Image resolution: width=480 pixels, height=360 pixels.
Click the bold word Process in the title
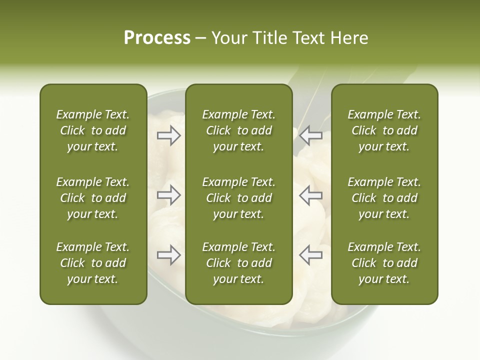(x=157, y=38)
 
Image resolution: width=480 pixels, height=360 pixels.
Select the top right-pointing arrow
(x=168, y=135)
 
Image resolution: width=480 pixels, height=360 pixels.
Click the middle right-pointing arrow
(x=168, y=195)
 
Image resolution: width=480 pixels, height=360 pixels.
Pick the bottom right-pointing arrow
(x=168, y=255)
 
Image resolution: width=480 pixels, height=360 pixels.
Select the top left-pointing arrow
(x=311, y=135)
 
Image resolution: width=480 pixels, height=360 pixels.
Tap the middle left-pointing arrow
(x=311, y=195)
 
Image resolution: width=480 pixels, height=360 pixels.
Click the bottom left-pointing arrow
(x=311, y=255)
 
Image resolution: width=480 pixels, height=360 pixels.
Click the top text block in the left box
(x=93, y=130)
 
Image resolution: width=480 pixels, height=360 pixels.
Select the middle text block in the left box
(x=93, y=198)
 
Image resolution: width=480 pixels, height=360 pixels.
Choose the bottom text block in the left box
(x=93, y=263)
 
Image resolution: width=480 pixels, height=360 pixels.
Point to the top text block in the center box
(x=238, y=130)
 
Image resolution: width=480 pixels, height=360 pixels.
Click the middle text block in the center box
(x=238, y=198)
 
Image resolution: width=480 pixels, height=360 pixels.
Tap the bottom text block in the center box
(x=238, y=263)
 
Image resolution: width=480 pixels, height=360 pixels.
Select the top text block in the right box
(x=384, y=130)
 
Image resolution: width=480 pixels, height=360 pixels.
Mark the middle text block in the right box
(x=384, y=198)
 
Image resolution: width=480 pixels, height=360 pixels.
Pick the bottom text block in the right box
(x=384, y=263)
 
